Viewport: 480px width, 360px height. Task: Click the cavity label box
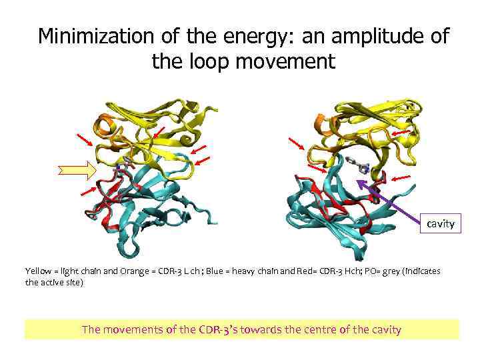pyautogui.click(x=441, y=223)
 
